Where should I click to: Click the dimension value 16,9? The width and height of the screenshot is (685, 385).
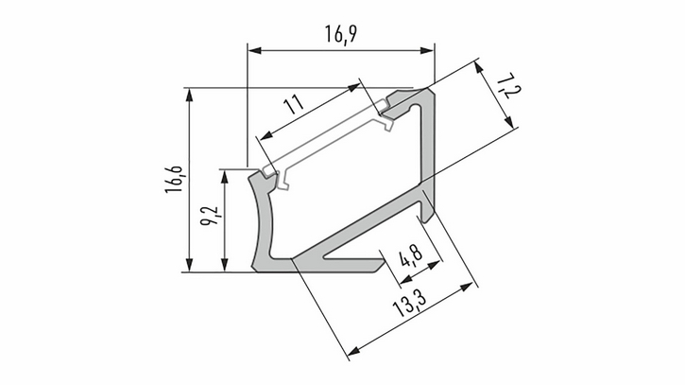point(341,34)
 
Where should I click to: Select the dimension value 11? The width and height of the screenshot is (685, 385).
point(294,105)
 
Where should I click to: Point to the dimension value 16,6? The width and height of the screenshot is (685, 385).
point(174,180)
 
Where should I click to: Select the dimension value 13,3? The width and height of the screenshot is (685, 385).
point(408,303)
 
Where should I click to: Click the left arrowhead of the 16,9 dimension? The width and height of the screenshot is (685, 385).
point(255,51)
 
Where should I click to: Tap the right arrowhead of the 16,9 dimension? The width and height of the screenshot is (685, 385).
point(427,51)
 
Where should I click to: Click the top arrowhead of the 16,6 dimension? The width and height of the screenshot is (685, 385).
point(189,96)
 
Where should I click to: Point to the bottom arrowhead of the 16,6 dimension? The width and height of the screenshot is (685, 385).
point(189,265)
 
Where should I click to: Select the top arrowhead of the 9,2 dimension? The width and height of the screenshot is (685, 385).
point(225,176)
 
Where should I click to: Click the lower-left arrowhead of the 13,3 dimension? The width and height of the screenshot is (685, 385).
point(354,351)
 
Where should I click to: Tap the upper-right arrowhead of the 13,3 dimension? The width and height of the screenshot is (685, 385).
point(467,287)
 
